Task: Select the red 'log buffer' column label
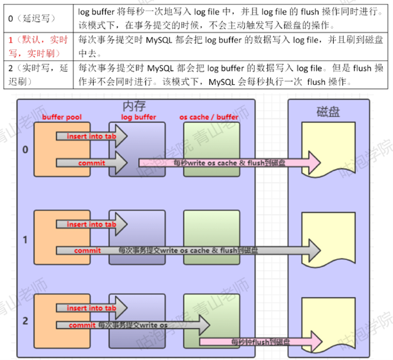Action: pos(137,117)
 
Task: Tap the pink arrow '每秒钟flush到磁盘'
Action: pos(257,340)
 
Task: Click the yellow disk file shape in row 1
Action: pos(327,238)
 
